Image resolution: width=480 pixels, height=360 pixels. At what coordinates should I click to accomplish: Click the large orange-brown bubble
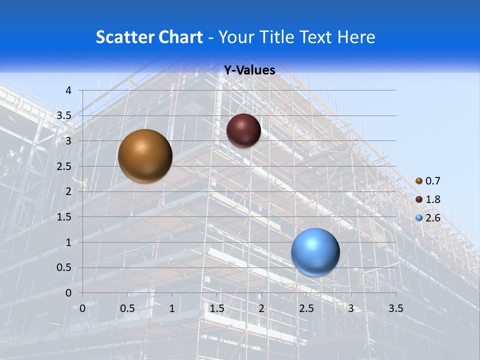click(x=145, y=156)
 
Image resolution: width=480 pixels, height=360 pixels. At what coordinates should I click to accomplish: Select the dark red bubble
click(x=243, y=130)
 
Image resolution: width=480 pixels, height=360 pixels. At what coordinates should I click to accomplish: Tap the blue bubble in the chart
click(x=315, y=252)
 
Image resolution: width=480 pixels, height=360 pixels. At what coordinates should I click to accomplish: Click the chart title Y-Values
click(x=249, y=70)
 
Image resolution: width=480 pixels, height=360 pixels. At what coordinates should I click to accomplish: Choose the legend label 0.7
click(x=433, y=181)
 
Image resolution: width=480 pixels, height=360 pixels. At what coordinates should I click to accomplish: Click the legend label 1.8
click(x=433, y=199)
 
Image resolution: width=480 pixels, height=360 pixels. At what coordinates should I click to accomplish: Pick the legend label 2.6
click(x=433, y=218)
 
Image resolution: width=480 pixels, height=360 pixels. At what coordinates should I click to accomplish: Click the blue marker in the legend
click(x=419, y=218)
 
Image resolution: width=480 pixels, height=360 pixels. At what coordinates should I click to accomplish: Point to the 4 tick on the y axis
click(x=69, y=90)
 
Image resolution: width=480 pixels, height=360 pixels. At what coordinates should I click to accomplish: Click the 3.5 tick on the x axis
click(x=396, y=308)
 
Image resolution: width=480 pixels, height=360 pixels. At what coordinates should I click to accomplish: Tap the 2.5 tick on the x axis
click(x=306, y=308)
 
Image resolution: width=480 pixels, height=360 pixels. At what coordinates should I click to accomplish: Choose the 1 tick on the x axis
click(x=172, y=308)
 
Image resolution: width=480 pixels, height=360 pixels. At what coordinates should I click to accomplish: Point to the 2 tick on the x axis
click(x=261, y=308)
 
